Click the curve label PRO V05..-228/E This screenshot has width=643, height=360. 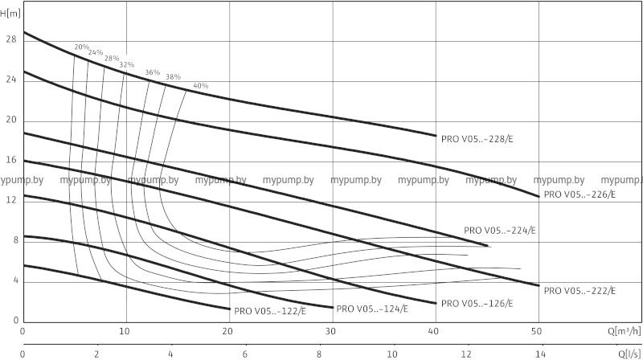[477, 138]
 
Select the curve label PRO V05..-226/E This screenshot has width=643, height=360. [580, 194]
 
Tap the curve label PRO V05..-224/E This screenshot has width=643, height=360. [500, 231]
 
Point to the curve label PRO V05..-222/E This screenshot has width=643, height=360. [580, 290]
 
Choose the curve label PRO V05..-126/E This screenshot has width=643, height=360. [477, 304]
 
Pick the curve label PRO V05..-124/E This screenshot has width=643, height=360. [373, 308]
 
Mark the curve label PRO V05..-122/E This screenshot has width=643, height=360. [270, 310]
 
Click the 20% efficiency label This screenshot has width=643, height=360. [82, 47]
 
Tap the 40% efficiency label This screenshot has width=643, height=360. [201, 85]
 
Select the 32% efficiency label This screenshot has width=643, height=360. [127, 64]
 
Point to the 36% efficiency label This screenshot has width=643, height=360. [153, 72]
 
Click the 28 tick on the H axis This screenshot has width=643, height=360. [10, 39]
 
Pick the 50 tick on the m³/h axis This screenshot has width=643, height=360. [538, 331]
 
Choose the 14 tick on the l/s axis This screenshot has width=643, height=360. [540, 353]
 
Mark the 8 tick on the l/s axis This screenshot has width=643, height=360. [318, 353]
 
